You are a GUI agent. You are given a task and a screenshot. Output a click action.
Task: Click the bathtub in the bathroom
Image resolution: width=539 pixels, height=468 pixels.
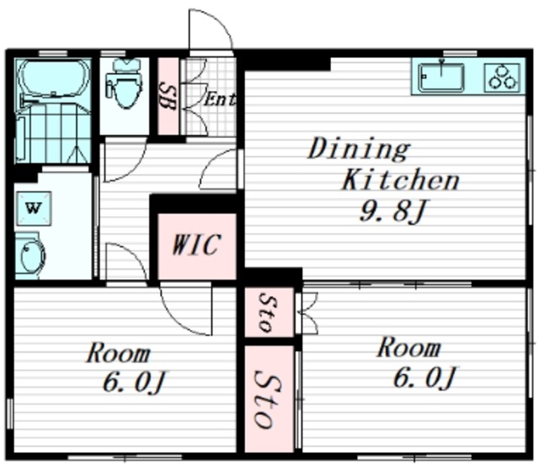click(53, 78)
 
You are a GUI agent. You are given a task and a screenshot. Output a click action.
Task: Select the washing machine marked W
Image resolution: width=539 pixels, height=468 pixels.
click(34, 208)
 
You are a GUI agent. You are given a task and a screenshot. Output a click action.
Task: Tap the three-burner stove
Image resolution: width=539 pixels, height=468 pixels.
click(503, 77)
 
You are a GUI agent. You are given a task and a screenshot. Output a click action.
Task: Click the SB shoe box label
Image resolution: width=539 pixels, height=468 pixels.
click(168, 97)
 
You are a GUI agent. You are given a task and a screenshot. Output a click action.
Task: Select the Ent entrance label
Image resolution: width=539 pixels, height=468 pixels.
click(220, 99)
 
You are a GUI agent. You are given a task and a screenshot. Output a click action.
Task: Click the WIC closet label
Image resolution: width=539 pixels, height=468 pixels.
click(196, 244)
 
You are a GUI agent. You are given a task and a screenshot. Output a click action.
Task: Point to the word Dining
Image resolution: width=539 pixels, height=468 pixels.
click(359, 149)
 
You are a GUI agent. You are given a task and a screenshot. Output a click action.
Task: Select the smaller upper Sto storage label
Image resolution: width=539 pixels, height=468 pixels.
click(269, 312)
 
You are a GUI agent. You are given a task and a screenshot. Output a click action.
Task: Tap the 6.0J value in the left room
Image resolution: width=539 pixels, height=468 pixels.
click(135, 382)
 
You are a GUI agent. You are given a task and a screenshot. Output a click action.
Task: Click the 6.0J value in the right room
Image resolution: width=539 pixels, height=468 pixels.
click(424, 377)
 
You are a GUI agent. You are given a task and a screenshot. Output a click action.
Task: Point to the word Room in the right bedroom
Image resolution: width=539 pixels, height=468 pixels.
click(409, 348)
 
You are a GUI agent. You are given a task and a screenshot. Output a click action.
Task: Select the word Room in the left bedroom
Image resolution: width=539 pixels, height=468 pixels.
click(119, 353)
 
